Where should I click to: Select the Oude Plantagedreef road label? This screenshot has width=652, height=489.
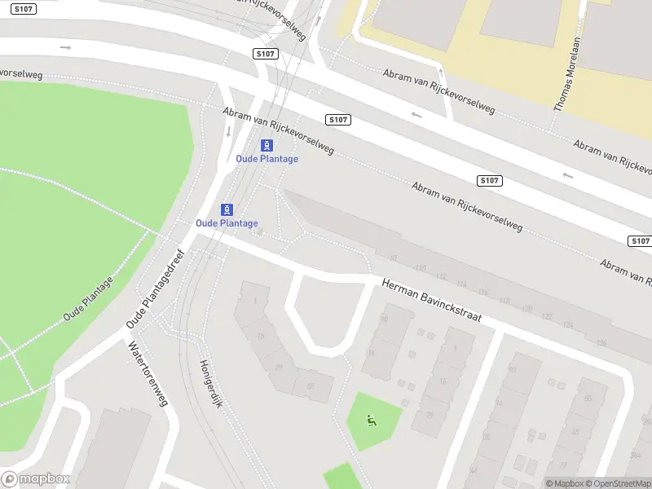tap(156, 289)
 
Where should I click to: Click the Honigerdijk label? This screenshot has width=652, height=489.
tap(211, 384)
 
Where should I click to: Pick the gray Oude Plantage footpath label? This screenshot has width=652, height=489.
tap(88, 297)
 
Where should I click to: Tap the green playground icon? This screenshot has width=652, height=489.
tap(372, 421)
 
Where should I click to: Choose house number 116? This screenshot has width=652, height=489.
tap(483, 292)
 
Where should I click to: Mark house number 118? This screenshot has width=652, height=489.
tap(504, 301)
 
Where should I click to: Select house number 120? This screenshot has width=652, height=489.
tap(526, 309)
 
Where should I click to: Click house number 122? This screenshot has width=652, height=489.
tap(546, 317)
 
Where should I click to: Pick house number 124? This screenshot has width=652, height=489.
tap(567, 325)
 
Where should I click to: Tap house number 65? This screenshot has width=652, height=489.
tap(588, 398)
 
